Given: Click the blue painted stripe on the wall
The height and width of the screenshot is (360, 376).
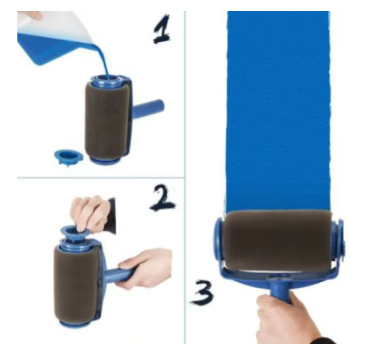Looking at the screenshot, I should click(278, 103).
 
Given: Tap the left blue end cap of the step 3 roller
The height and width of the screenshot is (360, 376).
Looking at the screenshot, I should click(219, 242).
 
